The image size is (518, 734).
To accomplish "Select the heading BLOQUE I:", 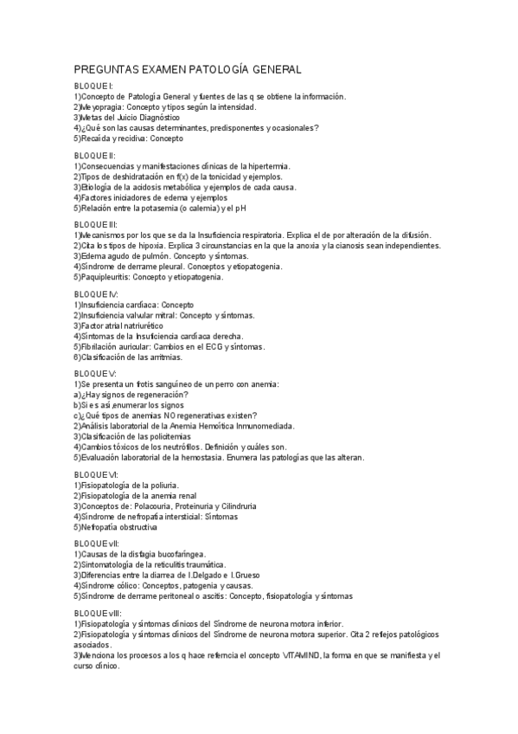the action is point(93,87).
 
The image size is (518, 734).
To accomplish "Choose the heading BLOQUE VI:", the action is point(96,475).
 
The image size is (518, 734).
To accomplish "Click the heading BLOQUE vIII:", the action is point(97,612).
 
